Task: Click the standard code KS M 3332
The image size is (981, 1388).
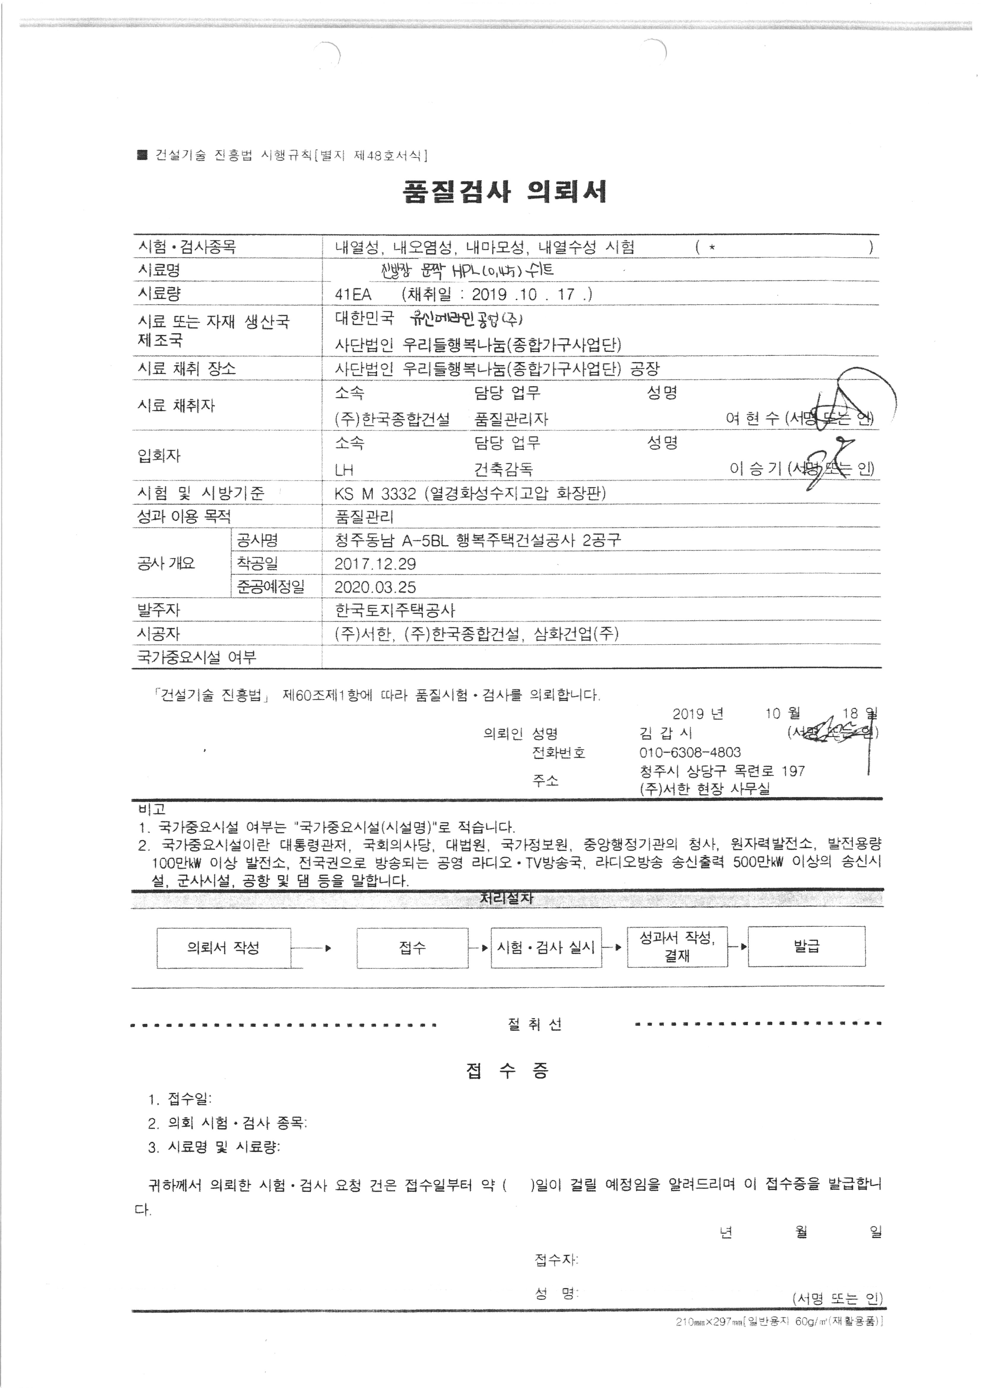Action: point(375,494)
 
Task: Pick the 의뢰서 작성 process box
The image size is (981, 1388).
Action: point(224,948)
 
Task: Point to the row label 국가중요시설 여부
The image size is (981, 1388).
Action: point(197,657)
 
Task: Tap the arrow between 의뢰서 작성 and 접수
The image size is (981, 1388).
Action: point(311,948)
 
